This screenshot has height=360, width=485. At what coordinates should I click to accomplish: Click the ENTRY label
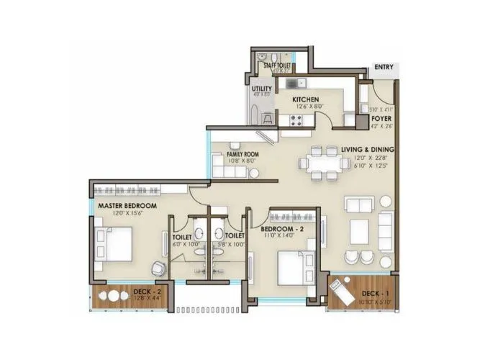point(384,68)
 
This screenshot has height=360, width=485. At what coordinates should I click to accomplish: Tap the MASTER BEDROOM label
point(127,205)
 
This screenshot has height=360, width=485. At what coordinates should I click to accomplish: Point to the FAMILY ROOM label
point(243,154)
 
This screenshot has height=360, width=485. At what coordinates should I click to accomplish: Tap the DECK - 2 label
point(147,292)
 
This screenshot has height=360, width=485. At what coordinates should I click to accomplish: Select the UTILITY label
point(262,89)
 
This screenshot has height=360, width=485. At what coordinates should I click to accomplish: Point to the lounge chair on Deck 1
point(339,289)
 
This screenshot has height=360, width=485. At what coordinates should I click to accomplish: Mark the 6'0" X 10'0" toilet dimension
point(182,243)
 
